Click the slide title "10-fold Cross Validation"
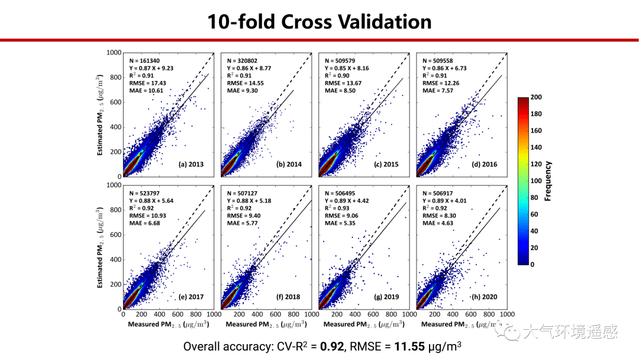[319, 21]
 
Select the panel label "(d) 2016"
[484, 164]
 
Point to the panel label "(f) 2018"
[288, 297]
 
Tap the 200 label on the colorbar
[537, 97]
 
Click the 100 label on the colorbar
[537, 181]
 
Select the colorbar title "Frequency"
[548, 181]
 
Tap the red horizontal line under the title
[319, 40]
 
